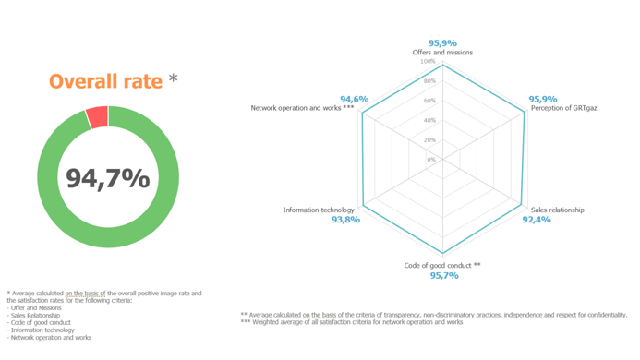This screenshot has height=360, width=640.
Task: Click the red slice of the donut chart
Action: point(97,117)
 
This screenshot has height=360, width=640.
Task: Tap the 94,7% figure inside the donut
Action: point(108,177)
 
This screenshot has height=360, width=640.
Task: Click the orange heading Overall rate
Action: point(106,81)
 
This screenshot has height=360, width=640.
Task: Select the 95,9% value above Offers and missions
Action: point(442,42)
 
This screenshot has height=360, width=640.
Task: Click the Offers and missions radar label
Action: point(442,53)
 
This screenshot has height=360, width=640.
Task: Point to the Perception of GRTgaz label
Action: point(563,108)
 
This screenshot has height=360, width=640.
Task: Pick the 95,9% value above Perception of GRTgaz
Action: point(542,99)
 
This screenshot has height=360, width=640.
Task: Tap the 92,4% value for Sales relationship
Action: point(537,220)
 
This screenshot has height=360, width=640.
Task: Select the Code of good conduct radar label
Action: point(442,265)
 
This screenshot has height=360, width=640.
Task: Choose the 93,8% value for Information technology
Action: point(345,220)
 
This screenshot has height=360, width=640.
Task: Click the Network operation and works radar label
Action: point(302,108)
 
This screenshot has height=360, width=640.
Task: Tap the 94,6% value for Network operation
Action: point(354,99)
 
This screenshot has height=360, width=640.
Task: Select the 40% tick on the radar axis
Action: point(429,120)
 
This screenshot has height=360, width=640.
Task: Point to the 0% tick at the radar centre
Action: point(430,160)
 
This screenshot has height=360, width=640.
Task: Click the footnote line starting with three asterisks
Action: point(351,322)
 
